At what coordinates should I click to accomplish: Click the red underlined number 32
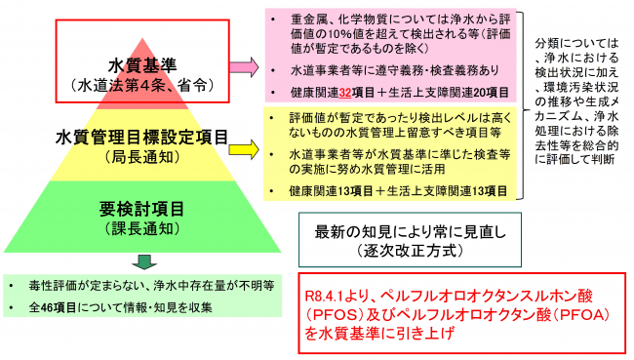click(x=344, y=93)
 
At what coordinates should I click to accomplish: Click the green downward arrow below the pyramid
click(x=143, y=260)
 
